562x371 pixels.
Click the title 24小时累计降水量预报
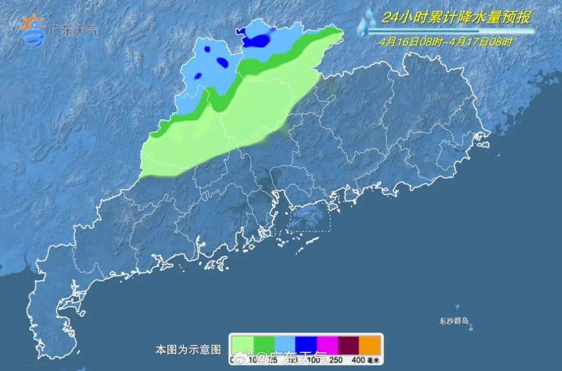click(x=456, y=18)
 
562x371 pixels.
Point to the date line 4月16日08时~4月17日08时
click(x=445, y=42)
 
